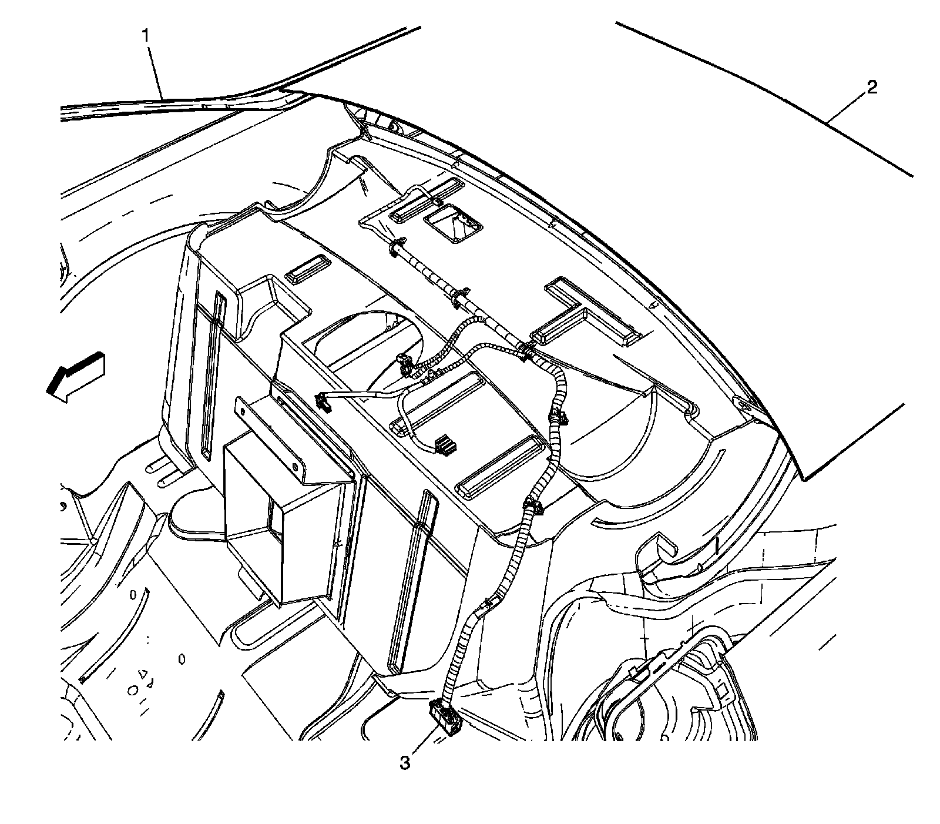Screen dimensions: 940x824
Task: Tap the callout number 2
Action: [872, 88]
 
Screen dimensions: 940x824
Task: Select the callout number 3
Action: [405, 763]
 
